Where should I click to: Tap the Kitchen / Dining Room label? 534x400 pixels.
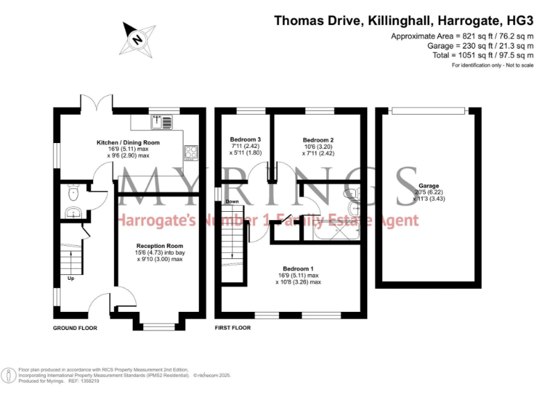click(128, 142)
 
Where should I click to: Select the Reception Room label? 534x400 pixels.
click(159, 246)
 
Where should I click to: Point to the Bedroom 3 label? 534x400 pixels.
click(245, 140)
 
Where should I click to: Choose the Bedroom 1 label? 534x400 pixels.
click(298, 269)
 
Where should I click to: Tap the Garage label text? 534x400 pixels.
click(428, 186)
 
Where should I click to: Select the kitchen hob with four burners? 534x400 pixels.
click(191, 152)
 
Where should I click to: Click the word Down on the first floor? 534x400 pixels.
click(232, 201)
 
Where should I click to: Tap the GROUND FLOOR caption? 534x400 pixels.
click(75, 327)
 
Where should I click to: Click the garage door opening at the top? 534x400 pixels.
click(428, 110)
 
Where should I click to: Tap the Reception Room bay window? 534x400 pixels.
click(159, 324)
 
